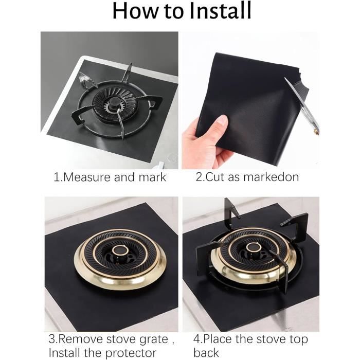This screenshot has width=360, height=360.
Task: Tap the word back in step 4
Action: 206,353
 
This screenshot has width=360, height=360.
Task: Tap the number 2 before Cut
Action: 198,177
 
